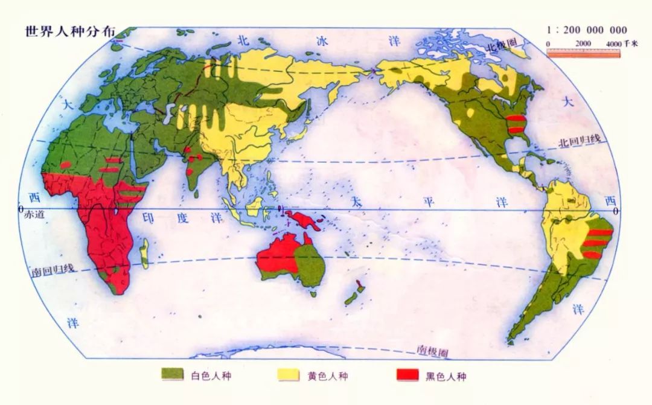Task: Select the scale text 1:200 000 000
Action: (586, 30)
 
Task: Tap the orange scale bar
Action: (583, 53)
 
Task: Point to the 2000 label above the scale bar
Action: (583, 44)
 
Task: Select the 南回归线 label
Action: (53, 270)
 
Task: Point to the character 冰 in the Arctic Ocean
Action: (323, 41)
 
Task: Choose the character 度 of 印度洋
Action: (182, 218)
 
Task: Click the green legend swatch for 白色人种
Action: (172, 375)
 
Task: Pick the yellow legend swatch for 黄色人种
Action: (289, 375)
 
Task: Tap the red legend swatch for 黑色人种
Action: (407, 375)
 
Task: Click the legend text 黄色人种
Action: (328, 376)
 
